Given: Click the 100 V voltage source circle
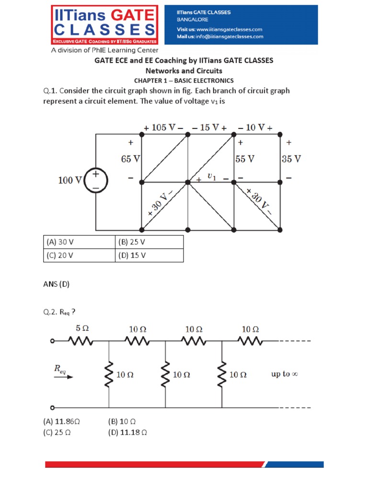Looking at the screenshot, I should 96,181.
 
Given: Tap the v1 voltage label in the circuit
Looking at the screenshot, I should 211,177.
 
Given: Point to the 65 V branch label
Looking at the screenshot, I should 130,159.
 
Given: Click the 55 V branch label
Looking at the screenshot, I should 245,159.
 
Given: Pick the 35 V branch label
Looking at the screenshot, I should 291,159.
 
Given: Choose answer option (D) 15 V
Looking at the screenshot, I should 131,256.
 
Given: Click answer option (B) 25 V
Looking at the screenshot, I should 131,242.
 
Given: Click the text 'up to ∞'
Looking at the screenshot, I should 285,374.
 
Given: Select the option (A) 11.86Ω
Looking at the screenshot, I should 61,422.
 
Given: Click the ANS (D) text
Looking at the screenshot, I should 56,284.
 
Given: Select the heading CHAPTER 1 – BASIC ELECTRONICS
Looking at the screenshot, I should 184,81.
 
